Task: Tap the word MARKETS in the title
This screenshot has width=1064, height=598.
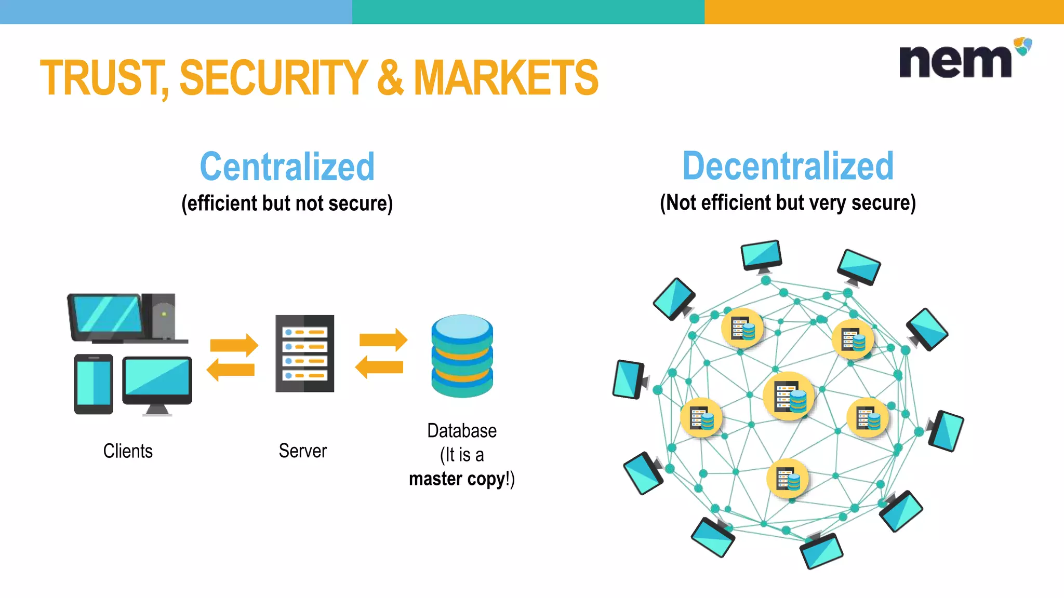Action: [x=506, y=78]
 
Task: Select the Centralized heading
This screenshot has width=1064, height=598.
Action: [x=287, y=167]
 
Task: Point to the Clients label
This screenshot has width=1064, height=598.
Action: [x=128, y=451]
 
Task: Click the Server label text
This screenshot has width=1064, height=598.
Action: [x=303, y=451]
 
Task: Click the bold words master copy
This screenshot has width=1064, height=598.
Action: [x=457, y=479]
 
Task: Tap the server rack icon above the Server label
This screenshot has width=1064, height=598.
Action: [x=305, y=353]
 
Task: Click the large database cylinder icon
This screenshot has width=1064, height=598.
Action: [x=462, y=356]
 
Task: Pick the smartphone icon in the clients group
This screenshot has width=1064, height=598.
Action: [x=94, y=384]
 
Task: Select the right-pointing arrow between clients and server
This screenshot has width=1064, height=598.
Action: [x=234, y=345]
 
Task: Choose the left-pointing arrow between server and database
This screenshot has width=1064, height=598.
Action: [x=379, y=367]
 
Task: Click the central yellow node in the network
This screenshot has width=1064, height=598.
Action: [x=788, y=397]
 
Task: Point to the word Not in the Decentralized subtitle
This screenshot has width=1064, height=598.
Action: [x=681, y=202]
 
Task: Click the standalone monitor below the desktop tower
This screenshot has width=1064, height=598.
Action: [x=157, y=384]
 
